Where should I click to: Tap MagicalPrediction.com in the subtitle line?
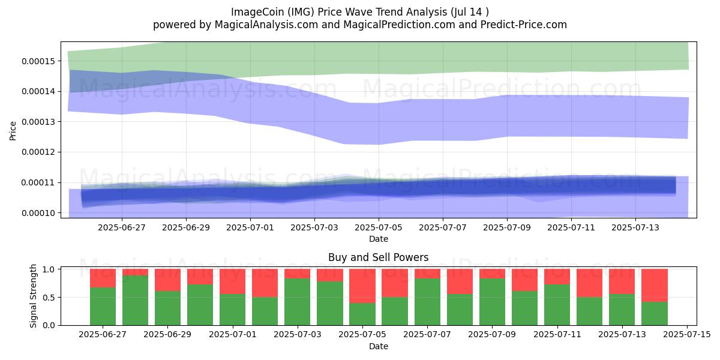pos(399,25)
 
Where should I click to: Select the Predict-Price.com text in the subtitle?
pos(524,25)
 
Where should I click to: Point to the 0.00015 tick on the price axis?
pos(38,61)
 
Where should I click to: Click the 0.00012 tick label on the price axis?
pos(38,152)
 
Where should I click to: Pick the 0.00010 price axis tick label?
pos(38,213)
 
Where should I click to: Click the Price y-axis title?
pos(13,131)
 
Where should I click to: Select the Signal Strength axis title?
pos(33,296)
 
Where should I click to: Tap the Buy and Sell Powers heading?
pos(379,257)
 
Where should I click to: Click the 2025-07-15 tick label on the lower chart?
pos(687,334)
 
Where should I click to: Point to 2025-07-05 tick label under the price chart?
pos(379,227)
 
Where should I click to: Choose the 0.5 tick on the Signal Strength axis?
pos(49,298)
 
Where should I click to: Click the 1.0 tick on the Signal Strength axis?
pos(49,269)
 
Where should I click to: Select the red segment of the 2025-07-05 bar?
pos(362,286)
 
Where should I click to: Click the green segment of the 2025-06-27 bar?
pos(103,307)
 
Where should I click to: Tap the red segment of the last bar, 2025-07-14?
pos(655,286)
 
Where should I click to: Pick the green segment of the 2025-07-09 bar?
pos(492,302)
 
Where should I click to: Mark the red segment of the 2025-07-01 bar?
pos(232,281)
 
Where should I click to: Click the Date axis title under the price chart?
pos(379,239)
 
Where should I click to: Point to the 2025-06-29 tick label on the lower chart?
pos(167,334)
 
